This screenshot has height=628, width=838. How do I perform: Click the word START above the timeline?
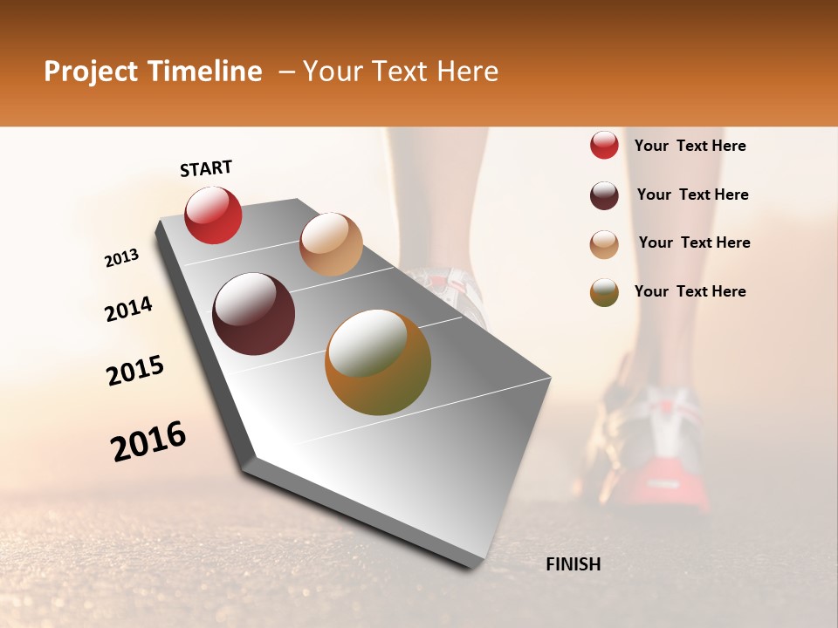click(x=206, y=168)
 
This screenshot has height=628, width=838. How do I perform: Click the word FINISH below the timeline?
click(x=573, y=564)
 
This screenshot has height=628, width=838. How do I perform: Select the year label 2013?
click(x=122, y=258)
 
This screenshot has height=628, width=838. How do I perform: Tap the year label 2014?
click(x=128, y=309)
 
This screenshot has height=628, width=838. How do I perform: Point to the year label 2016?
click(x=148, y=441)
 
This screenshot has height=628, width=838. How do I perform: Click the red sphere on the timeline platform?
click(x=213, y=215)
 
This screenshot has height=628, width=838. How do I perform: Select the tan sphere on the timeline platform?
click(x=331, y=244)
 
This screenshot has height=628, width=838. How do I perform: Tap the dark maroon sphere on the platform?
click(x=254, y=314)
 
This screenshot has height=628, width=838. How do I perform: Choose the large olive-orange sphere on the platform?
click(x=378, y=362)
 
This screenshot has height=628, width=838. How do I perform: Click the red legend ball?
click(x=604, y=145)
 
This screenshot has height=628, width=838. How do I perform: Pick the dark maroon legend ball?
click(x=604, y=195)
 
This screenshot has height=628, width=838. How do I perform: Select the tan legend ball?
click(x=604, y=244)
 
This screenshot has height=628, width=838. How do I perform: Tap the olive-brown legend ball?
click(x=604, y=292)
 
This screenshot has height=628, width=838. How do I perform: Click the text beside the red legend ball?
click(x=690, y=146)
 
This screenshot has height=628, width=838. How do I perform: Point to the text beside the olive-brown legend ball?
click(x=690, y=291)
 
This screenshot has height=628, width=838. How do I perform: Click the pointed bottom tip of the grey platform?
click(x=472, y=565)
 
